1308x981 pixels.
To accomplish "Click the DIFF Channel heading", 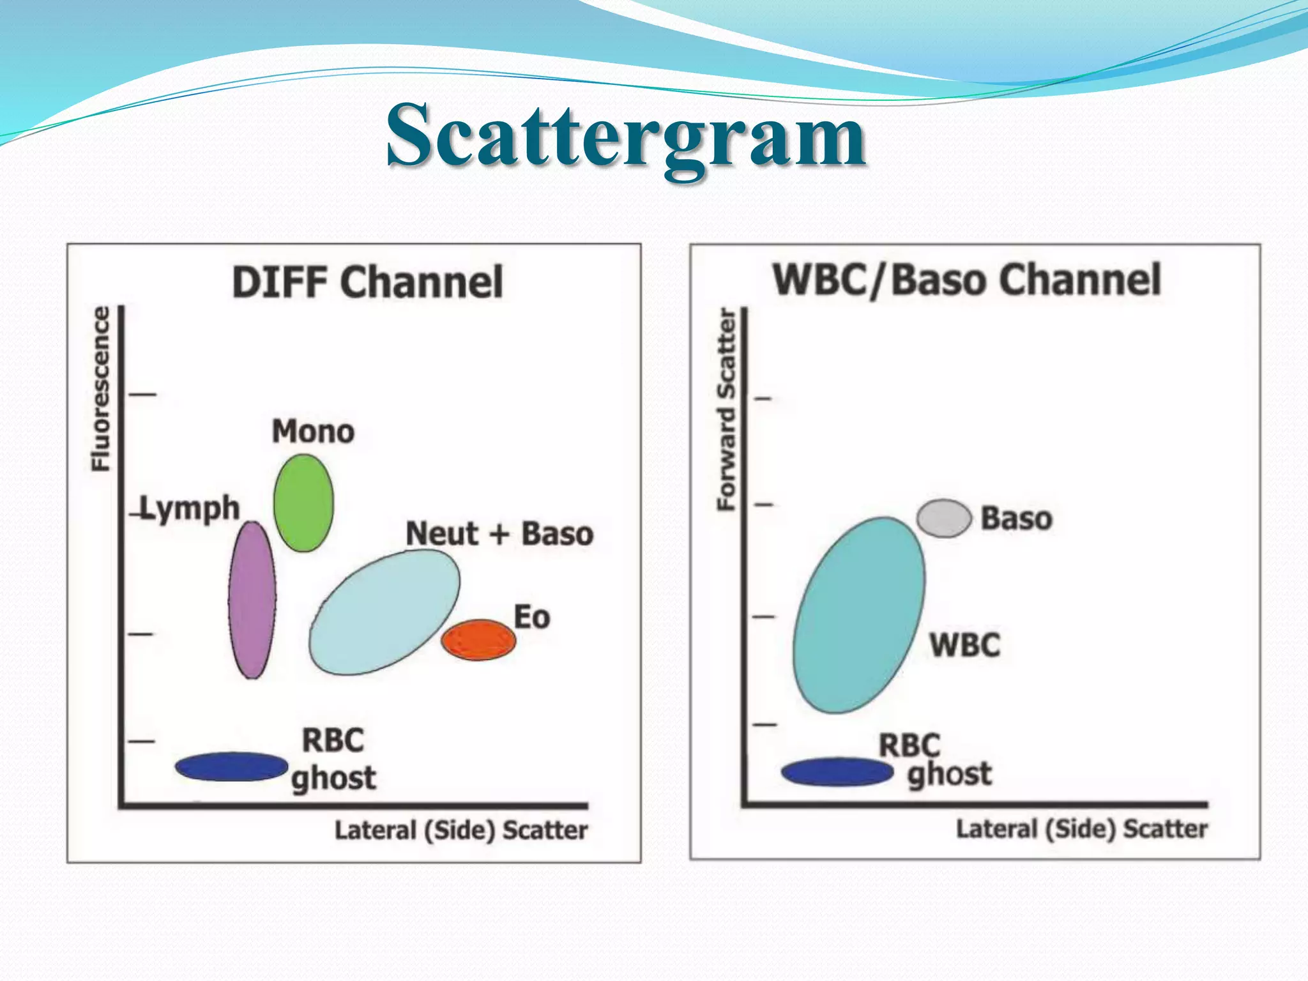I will tap(367, 282).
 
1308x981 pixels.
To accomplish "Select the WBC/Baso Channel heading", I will tap(966, 280).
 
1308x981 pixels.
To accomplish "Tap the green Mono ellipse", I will tap(303, 503).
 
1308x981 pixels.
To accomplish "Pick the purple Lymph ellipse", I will tap(252, 600).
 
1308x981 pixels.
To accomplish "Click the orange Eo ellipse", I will tap(478, 639).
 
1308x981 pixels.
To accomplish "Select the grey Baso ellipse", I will tap(944, 518).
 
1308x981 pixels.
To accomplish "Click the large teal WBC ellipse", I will tap(858, 615).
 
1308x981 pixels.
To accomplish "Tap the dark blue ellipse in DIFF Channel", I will tap(231, 766).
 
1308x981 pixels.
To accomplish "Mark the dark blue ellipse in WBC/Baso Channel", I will tap(837, 772).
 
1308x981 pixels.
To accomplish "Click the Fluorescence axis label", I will tap(101, 389).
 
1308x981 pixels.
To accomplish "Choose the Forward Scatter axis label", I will tap(727, 409).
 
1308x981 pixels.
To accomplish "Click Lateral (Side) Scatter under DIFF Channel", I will tap(461, 830).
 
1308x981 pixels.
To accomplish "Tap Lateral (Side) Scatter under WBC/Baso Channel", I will tap(1081, 829).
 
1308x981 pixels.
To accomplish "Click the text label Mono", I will tap(313, 432).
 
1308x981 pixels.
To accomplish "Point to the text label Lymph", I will tap(190, 509).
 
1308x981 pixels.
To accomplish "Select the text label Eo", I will tap(531, 618).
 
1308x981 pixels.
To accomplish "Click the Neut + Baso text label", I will tap(499, 534).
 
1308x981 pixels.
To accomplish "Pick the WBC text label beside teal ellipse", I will tap(964, 645).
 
